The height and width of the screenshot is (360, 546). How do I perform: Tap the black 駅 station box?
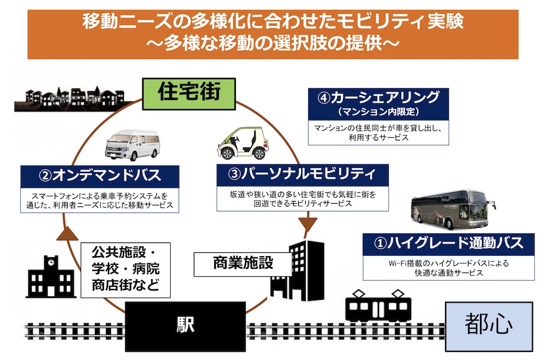tap(185, 327)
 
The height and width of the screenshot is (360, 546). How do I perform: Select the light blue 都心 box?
tap(489, 326)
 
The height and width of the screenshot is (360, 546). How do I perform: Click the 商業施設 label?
tap(243, 263)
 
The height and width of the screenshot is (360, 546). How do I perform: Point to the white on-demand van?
tap(132, 145)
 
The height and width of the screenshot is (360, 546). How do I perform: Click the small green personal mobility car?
tap(243, 143)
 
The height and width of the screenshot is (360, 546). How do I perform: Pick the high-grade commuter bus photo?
tap(453, 209)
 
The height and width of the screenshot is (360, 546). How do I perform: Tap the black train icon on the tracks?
tap(378, 306)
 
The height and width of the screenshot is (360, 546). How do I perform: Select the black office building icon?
tap(298, 270)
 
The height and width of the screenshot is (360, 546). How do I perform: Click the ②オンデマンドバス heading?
tap(99, 176)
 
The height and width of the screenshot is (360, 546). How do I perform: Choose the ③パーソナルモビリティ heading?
tap(302, 174)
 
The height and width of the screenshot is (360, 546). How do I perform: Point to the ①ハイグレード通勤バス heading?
tap(448, 244)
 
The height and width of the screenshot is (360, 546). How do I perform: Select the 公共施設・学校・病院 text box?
tap(126, 270)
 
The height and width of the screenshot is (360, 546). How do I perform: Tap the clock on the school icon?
tap(51, 262)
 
